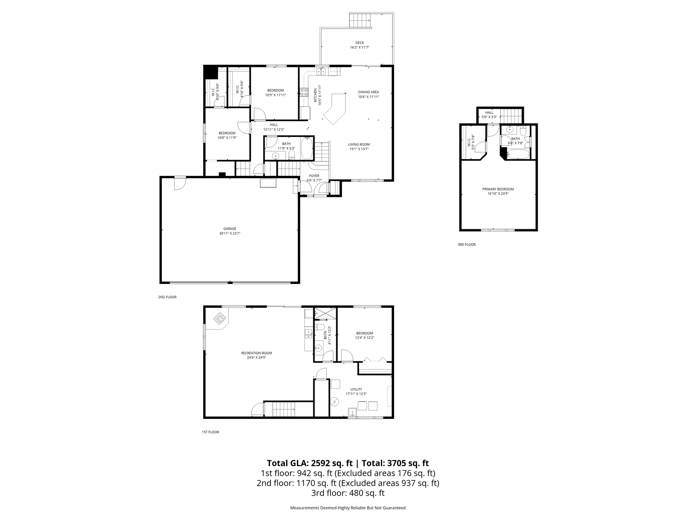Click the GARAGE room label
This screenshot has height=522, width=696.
coord(230,229)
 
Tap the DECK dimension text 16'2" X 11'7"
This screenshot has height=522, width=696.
coord(359,48)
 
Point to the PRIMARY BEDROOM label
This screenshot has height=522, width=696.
coord(498,189)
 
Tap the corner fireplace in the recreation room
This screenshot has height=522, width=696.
coord(219,318)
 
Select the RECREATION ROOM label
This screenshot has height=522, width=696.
coord(256,353)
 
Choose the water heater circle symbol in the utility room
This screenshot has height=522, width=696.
coord(335,402)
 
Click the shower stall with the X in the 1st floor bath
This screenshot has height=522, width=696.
coord(326,313)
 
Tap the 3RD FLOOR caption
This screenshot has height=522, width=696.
coord(466,245)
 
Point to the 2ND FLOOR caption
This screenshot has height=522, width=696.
coord(167,297)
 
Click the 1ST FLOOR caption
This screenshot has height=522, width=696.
coord(210,432)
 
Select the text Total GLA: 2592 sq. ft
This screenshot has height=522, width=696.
coord(310,463)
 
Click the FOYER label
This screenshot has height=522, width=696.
coord(314,176)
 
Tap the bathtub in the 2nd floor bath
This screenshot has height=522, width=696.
coord(307,148)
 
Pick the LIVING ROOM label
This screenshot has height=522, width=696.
coord(359,144)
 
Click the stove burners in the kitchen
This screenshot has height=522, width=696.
coord(304,92)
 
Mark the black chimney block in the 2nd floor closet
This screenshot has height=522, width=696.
coord(211,72)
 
